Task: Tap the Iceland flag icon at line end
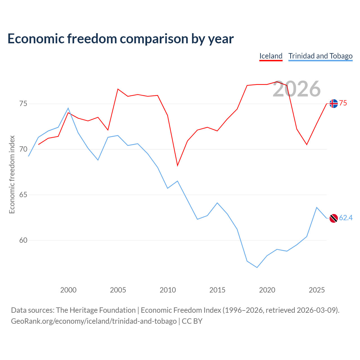coord(334,103)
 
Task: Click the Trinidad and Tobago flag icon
coord(334,218)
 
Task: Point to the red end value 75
coord(343,103)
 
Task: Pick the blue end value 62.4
coord(346,218)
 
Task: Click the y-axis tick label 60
coord(23,240)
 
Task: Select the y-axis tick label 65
coord(23,195)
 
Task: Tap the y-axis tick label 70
coord(23,149)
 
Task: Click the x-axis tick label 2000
coord(68,290)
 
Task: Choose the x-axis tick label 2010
coord(168,290)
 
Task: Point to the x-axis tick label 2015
coord(217,290)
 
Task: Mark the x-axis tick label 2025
coord(317,290)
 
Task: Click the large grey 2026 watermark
coord(297,89)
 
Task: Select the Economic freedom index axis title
coord(12,174)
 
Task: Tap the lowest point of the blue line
coord(257,267)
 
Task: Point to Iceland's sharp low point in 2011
coord(177,166)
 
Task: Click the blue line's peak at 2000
coord(68,108)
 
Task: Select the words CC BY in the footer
coord(192,321)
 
